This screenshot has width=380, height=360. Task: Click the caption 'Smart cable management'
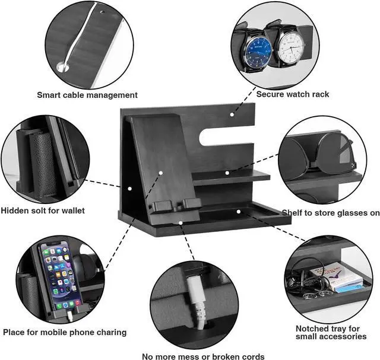87,95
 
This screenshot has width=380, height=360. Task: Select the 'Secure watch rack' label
293,94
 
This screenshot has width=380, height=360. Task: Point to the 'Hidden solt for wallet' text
43,210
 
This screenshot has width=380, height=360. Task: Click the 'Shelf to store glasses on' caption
331,213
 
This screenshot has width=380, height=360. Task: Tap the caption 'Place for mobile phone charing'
65,332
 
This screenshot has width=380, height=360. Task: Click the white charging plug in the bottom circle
195,302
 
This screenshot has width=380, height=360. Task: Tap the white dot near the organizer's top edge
232,114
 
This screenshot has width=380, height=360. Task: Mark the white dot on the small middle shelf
227,173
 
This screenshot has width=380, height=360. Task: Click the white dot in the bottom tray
238,210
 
